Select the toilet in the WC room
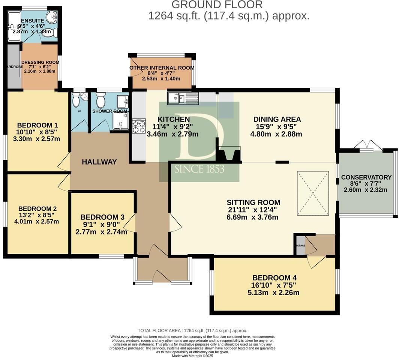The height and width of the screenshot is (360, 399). click(x=76, y=100)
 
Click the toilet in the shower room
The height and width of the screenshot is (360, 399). click(x=100, y=100)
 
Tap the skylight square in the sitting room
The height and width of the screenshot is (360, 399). click(x=313, y=186)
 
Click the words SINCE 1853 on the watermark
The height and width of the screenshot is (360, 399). click(x=199, y=169)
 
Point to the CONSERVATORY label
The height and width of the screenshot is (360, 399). click(x=366, y=177)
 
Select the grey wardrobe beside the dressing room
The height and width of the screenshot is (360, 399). click(x=13, y=67)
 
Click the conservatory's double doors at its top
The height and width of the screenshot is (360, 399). click(x=367, y=145)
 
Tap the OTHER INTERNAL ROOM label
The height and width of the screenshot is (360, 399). click(x=162, y=68)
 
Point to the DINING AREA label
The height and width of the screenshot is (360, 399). click(x=277, y=119)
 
